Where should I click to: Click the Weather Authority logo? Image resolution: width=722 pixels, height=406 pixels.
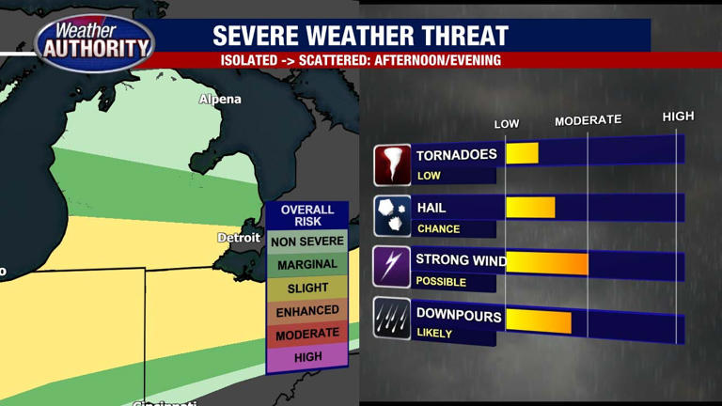[94, 41]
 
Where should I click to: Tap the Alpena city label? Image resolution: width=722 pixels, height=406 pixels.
[220, 100]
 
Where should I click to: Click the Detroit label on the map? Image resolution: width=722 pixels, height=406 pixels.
[239, 238]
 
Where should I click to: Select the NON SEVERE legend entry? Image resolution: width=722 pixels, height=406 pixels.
[307, 242]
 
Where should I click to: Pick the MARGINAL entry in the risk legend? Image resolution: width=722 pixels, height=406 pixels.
[307, 265]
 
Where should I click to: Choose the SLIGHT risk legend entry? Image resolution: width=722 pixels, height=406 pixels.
[307, 288]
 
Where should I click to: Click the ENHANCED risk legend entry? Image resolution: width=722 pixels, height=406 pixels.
[307, 310]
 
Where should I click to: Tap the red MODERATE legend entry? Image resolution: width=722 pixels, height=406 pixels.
[307, 334]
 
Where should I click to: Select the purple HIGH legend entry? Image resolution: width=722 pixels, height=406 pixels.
[307, 357]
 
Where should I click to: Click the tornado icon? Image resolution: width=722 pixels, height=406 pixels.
[392, 165]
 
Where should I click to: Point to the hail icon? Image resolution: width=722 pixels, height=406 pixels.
[392, 216]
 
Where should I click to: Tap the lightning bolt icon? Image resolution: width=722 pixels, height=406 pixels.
[392, 267]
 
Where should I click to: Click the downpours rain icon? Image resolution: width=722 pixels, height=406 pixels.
[392, 319]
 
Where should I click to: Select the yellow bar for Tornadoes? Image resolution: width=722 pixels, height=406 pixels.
[522, 153]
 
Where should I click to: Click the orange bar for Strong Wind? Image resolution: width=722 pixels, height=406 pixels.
[547, 264]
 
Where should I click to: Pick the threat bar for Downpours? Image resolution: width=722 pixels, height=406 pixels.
[539, 320]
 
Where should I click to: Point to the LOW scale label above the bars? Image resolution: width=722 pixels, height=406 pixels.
[507, 124]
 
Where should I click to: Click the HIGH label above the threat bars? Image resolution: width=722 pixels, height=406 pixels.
[678, 117]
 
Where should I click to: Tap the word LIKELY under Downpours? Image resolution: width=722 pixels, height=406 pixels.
[434, 334]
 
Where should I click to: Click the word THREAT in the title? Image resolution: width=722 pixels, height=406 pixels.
[460, 37]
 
